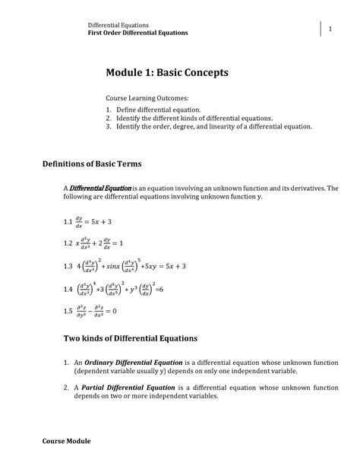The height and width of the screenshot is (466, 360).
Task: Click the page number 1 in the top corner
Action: (x=331, y=28)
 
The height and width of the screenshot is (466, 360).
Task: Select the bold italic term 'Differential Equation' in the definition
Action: (x=100, y=188)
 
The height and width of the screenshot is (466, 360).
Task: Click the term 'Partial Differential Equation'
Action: (x=124, y=387)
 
